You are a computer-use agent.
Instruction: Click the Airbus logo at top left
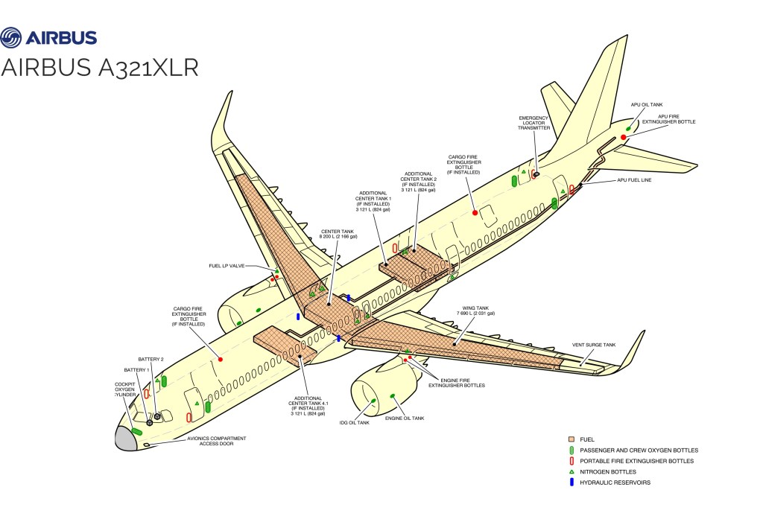point(49,37)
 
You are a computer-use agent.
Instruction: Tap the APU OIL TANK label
point(646,105)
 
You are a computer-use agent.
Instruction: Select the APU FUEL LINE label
point(635,179)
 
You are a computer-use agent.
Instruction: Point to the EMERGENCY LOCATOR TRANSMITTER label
point(534,123)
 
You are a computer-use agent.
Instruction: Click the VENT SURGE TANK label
point(594,345)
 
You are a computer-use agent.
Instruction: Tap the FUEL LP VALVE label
point(227,266)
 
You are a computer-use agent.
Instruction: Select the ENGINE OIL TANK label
point(405,418)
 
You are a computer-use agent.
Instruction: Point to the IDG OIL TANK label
point(355,422)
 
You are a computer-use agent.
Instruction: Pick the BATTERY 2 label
point(151,359)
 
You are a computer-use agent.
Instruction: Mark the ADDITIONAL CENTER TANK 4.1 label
point(311,405)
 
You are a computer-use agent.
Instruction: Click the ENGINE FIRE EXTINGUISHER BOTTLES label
point(456,382)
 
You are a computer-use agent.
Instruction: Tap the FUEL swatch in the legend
point(571,439)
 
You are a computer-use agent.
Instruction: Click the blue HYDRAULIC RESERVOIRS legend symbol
point(571,482)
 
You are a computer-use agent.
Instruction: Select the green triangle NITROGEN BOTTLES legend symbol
point(571,471)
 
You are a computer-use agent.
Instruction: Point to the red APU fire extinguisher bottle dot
point(623,138)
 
